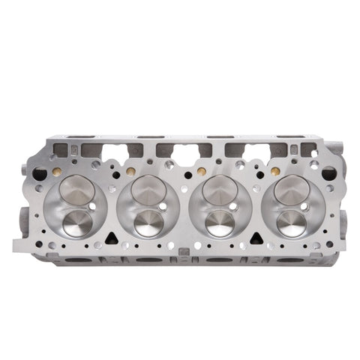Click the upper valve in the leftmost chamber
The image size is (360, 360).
pyautogui.click(x=75, y=188)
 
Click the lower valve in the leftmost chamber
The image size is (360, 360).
pyautogui.click(x=76, y=223)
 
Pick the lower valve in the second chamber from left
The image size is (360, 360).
pyautogui.click(x=148, y=223)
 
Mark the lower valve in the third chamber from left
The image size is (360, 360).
pyautogui.click(x=219, y=223)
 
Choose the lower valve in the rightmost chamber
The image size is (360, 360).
pyautogui.click(x=290, y=223)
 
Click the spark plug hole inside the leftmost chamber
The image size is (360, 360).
pyautogui.click(x=93, y=205)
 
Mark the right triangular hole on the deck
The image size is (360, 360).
pyautogui.click(x=253, y=238)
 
